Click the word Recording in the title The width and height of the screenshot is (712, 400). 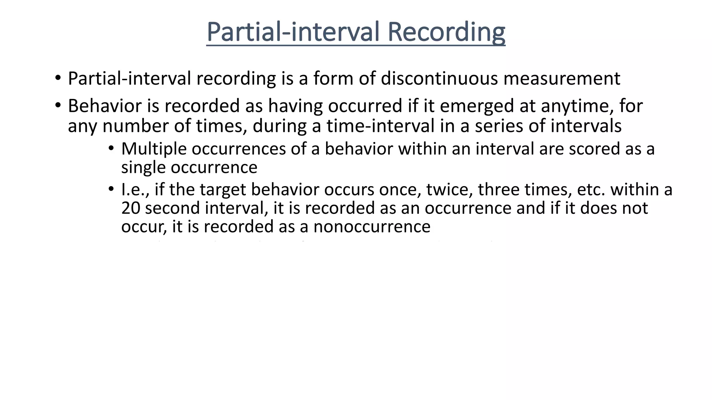coord(446,32)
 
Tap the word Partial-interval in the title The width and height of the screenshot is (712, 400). coord(292,32)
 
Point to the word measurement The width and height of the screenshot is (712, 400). coord(562,78)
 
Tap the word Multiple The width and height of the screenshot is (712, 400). coord(154,149)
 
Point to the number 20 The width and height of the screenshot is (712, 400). coord(131,208)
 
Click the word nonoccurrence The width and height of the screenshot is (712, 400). coord(372,227)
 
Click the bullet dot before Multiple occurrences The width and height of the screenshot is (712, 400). coord(111,149)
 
